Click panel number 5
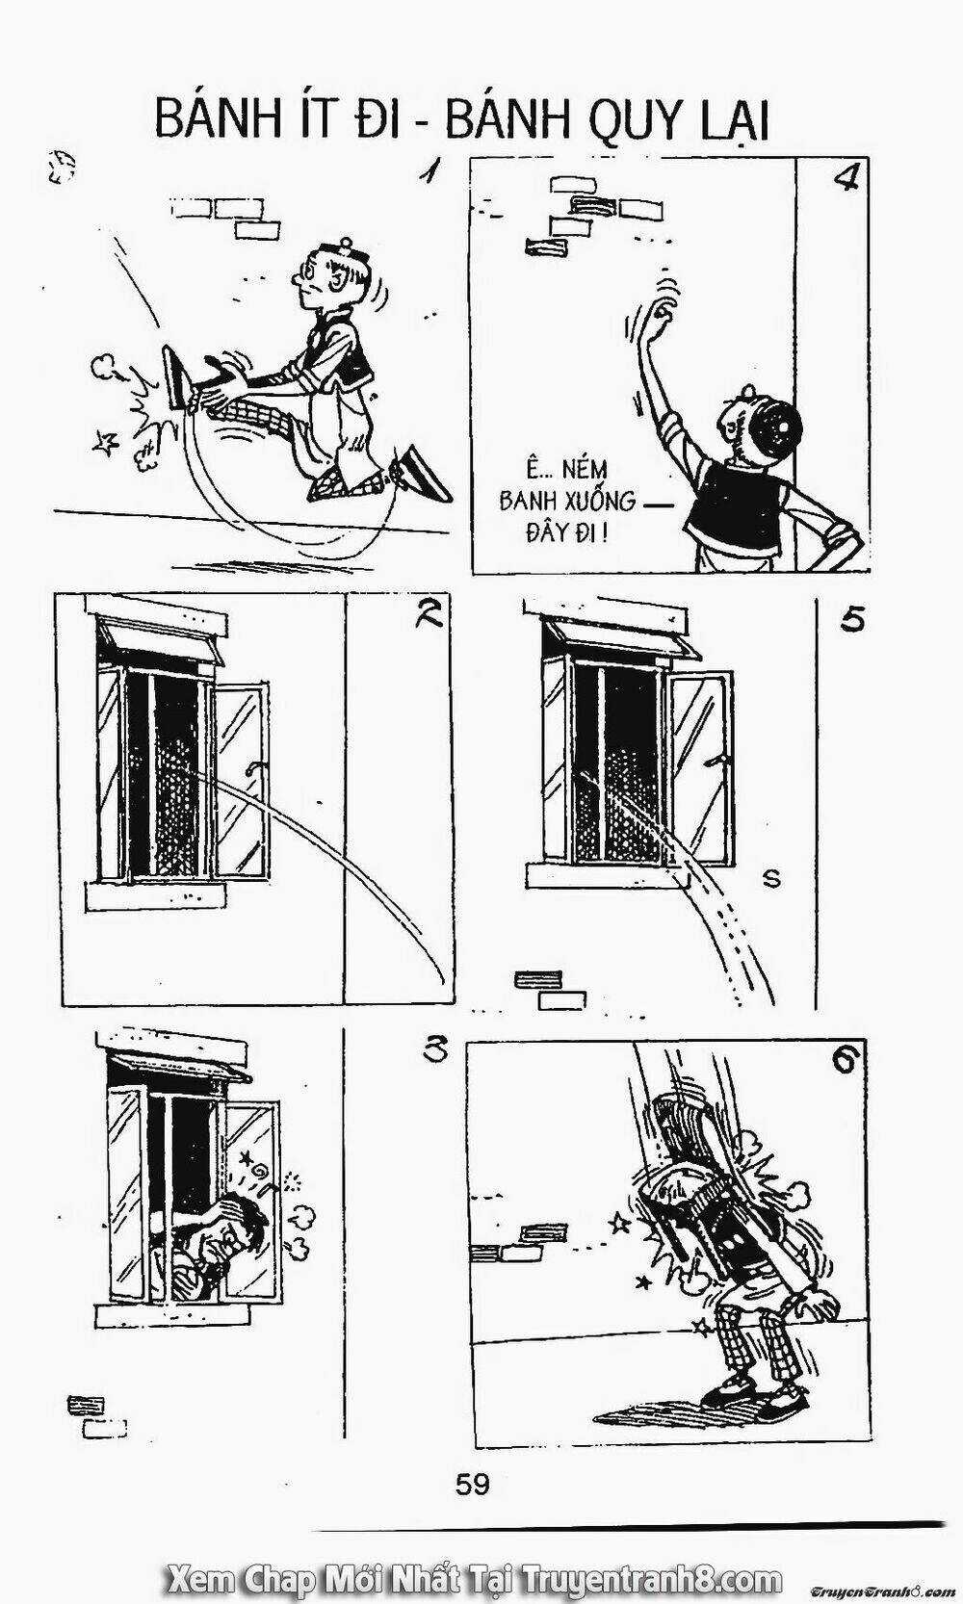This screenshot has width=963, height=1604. [851, 619]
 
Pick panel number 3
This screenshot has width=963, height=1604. [436, 1051]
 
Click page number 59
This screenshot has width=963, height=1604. [472, 1484]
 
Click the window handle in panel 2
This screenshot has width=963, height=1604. [252, 767]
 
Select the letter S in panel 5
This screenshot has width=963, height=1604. [770, 877]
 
